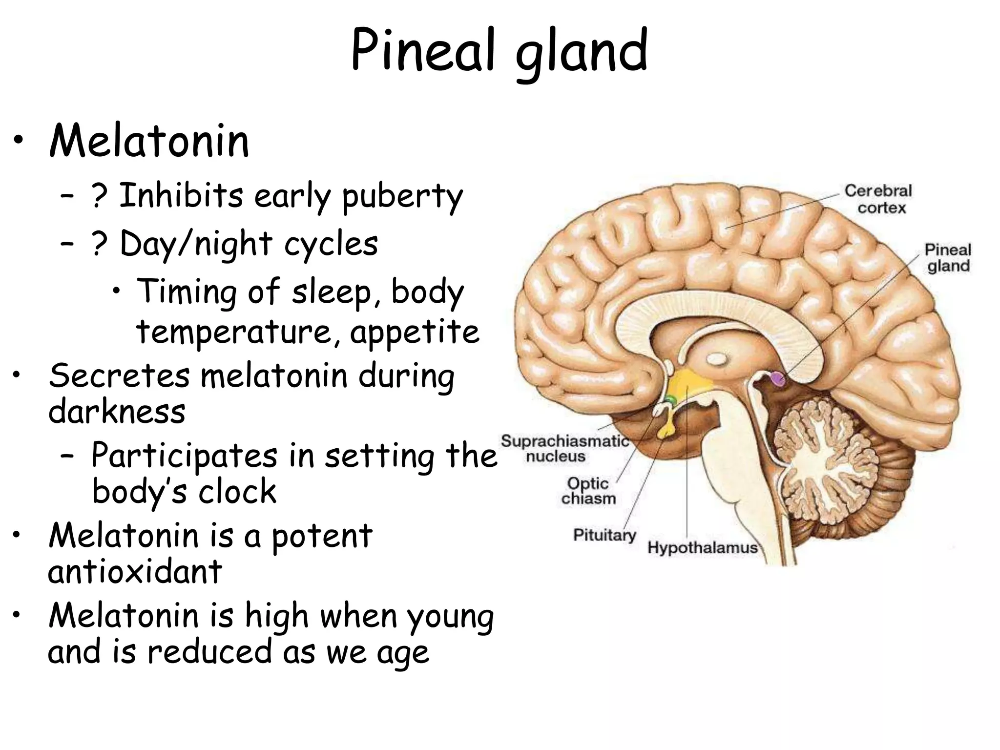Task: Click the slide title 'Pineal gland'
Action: [x=499, y=51]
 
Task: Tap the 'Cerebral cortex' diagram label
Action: [x=878, y=199]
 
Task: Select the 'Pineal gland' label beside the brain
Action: [x=948, y=258]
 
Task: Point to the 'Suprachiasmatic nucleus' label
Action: [x=564, y=448]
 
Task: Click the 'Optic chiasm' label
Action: [x=588, y=491]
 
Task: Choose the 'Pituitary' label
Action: [x=604, y=535]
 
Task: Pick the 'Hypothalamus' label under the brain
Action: [x=702, y=547]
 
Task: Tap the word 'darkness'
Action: [x=117, y=411]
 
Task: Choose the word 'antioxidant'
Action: [x=135, y=571]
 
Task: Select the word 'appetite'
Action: [x=415, y=333]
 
